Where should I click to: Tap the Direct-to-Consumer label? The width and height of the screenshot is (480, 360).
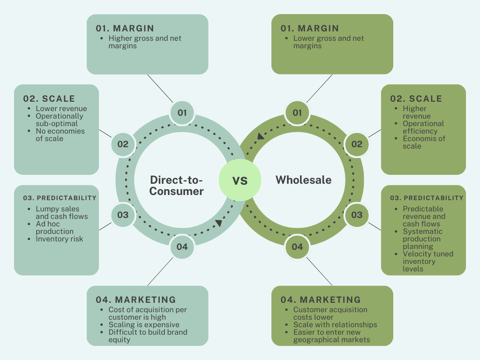177,185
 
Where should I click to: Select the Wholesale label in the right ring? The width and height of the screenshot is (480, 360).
303,180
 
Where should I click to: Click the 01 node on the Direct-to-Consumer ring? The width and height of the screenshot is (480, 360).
182,112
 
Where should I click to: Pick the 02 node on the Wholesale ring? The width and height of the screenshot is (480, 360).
357,144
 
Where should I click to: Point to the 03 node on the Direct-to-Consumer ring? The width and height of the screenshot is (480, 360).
123,215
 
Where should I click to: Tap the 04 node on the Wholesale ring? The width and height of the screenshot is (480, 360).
297,247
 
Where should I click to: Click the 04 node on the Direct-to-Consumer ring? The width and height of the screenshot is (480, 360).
182,247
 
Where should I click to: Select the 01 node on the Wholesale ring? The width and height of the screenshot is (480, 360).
297,112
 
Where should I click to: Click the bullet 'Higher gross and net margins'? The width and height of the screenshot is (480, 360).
144,42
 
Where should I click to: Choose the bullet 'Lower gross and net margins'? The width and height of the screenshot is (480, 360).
328,42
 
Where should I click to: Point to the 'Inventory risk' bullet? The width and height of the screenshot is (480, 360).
59,239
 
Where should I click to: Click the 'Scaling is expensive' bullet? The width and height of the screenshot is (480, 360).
143,324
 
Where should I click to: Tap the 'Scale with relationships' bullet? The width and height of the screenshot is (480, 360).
335,324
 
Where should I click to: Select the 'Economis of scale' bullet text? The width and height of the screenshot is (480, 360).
424,142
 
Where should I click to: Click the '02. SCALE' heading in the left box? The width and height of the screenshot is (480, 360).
49,98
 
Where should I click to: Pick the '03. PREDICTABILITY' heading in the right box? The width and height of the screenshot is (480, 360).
427,198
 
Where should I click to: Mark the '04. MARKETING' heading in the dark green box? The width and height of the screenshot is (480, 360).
321,300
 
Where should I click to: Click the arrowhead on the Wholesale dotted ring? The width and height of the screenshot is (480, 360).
259,136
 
